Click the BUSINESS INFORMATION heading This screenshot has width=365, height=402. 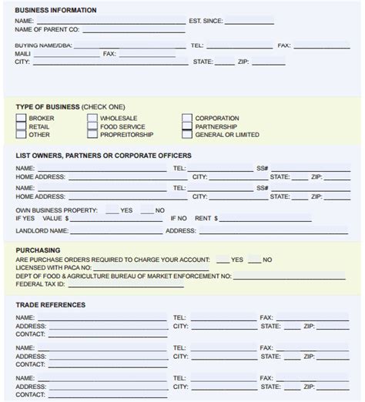[x=55, y=10]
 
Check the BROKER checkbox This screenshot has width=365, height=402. [x=21, y=119]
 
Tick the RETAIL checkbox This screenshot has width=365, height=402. [x=21, y=126]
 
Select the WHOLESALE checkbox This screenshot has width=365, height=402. [x=92, y=119]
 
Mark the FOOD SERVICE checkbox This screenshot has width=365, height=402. [x=92, y=126]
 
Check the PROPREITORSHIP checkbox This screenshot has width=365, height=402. [x=92, y=135]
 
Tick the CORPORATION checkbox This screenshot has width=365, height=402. [x=187, y=119]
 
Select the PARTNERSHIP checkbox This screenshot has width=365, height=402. [x=187, y=126]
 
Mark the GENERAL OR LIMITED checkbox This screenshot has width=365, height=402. [x=187, y=135]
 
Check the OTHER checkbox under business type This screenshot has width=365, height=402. [x=21, y=135]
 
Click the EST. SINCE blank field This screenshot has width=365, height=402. [x=249, y=22]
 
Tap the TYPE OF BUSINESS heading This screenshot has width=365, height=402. [x=48, y=106]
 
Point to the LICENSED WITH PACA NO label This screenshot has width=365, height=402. [x=53, y=268]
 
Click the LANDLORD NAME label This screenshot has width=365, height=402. [x=42, y=230]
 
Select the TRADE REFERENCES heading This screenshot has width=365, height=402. [x=50, y=305]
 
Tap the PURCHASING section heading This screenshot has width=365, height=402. [x=38, y=250]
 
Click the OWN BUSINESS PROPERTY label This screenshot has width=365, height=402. [x=56, y=210]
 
